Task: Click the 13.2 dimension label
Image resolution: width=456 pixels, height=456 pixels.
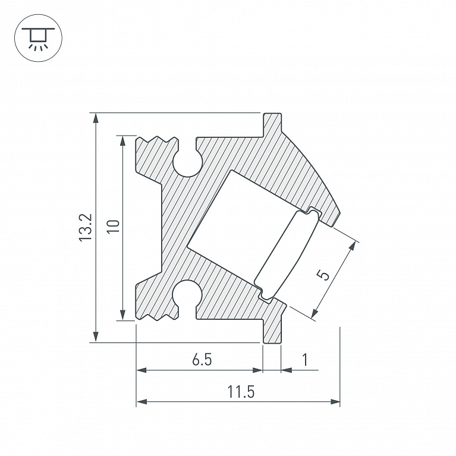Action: (86, 227)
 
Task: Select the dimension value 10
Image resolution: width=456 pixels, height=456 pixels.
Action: (113, 227)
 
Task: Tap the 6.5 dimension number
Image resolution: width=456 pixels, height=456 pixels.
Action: (202, 360)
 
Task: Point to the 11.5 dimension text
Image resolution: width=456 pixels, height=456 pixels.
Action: (241, 391)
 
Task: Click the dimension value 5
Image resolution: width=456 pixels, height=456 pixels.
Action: (323, 275)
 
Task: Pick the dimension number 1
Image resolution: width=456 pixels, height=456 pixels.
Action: (305, 360)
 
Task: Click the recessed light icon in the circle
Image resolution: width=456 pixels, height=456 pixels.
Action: (38, 38)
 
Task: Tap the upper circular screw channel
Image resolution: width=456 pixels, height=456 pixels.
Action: (188, 163)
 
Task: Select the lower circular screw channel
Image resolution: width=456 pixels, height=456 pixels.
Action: (187, 295)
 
